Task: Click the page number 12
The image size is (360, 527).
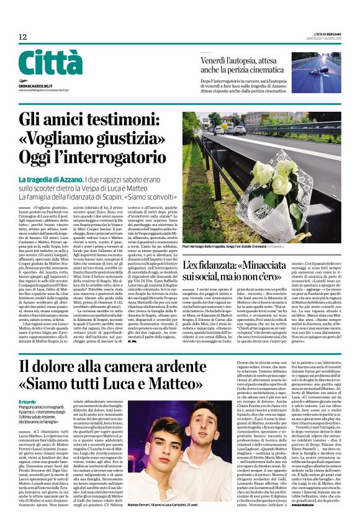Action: (22, 37)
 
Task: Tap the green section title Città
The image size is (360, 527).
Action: (50, 63)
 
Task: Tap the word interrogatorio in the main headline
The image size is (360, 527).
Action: (122, 157)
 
